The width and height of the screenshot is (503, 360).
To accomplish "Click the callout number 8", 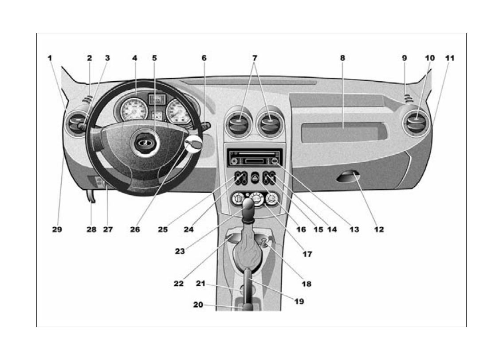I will coord(342,58).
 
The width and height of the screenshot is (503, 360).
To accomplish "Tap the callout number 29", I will coord(57,229).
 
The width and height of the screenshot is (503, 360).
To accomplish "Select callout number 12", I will coord(378,229).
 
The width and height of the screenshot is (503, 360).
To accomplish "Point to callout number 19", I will coord(299,301).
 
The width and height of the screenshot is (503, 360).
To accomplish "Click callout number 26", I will coord(135,229).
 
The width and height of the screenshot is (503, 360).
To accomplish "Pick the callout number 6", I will coord(204,58).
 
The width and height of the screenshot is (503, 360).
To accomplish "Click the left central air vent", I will coord(240,123).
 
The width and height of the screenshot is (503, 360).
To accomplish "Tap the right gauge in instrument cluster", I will coord(178,111).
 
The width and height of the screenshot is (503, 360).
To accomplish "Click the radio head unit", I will coord(255,158).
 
